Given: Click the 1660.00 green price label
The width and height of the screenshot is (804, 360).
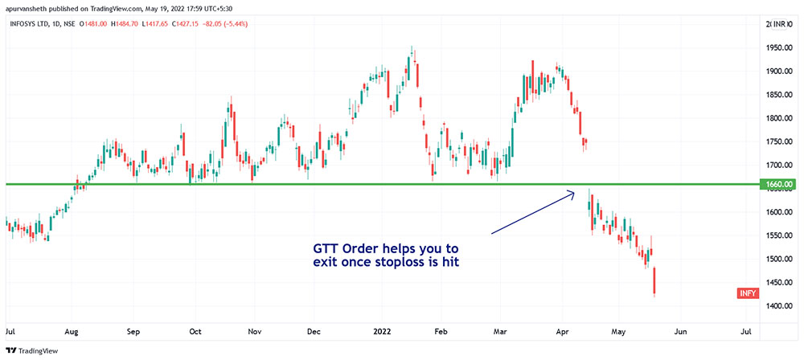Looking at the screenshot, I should [x=779, y=185].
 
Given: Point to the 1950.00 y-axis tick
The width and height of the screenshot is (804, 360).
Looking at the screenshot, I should [x=779, y=48].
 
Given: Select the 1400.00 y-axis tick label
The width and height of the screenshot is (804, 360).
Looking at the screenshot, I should [x=779, y=306].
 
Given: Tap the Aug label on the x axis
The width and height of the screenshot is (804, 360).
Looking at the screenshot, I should [x=72, y=331].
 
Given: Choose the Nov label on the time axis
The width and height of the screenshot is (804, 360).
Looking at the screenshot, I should [x=255, y=331].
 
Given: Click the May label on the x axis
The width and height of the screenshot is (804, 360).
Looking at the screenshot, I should [x=618, y=331].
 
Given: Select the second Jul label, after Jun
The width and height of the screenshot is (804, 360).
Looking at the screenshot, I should [x=745, y=331].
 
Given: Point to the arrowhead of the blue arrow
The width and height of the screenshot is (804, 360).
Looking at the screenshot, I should [x=572, y=192].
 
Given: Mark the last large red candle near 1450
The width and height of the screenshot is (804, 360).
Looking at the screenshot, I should [x=655, y=282].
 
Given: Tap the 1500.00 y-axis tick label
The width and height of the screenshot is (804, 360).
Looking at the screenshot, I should [x=779, y=260].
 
